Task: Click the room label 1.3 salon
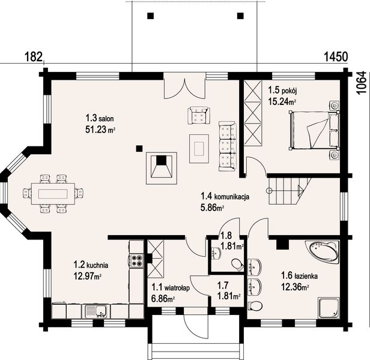pos(100,118)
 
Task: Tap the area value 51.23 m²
pos(100,130)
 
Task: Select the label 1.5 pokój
pos(282,90)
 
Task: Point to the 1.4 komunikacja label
pos(225,196)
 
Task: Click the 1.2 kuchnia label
pos(91,265)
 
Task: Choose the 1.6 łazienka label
pos(299,275)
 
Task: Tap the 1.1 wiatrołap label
pos(171,287)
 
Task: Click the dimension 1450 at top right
pos(336,57)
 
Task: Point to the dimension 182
pos(33,57)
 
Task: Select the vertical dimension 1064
pos(361,83)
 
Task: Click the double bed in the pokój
pos(314,130)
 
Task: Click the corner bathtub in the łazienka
pos(323,252)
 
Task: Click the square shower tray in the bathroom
pos(329,308)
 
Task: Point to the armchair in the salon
pos(199,115)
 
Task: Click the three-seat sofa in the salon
pos(227,146)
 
